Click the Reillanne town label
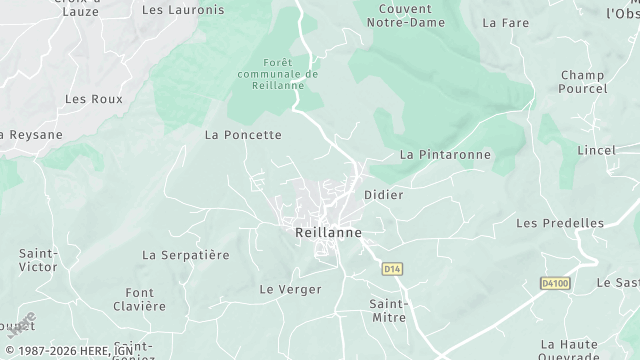pos(327,232)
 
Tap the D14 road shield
pos(392,269)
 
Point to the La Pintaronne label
pos(445,155)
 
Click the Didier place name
pos(384,195)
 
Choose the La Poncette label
pos(243,134)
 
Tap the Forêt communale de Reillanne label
pos(278,74)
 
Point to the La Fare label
pos(505,21)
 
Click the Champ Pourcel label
pos(583,82)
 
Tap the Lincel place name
pos(596,149)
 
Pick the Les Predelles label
pos(560,223)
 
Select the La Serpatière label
pos(186,255)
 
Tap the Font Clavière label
pos(139,299)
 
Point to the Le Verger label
pos(290,289)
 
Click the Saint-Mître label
pos(388,309)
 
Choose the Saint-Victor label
pos(38,261)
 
